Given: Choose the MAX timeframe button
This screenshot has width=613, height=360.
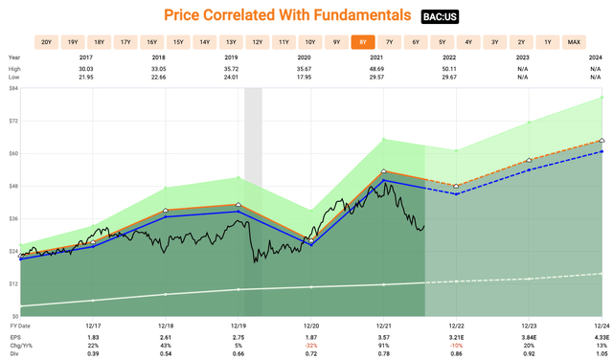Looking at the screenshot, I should coord(574,42).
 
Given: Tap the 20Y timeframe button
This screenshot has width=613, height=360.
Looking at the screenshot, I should coord(46,42).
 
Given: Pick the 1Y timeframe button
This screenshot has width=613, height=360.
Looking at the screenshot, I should coord(547,42).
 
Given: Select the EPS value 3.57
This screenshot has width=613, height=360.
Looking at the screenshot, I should coord(384,336).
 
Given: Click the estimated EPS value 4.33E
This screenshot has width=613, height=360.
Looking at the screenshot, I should coord(601,336).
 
